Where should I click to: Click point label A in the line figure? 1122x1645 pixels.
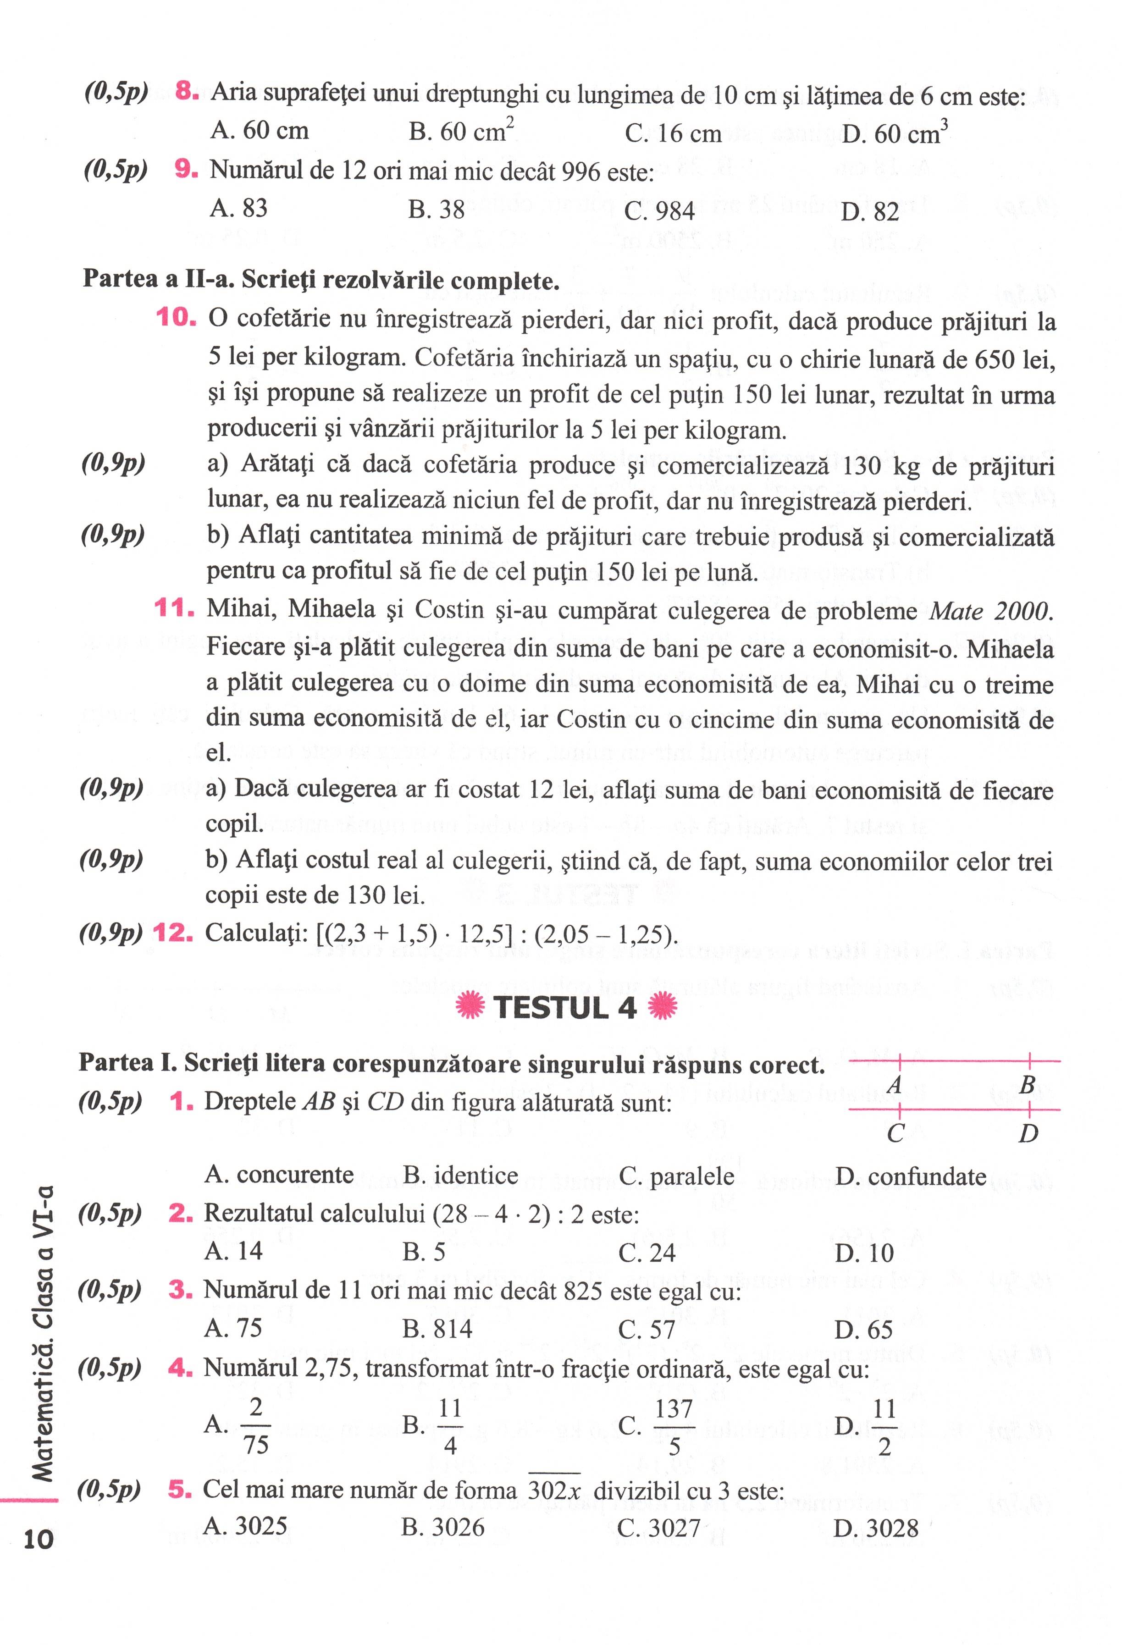pos(894,1084)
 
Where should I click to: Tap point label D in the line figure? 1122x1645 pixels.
pos(1028,1134)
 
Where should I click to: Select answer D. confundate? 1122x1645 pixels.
pos(910,1176)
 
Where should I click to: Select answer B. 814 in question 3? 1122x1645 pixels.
pos(437,1329)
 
